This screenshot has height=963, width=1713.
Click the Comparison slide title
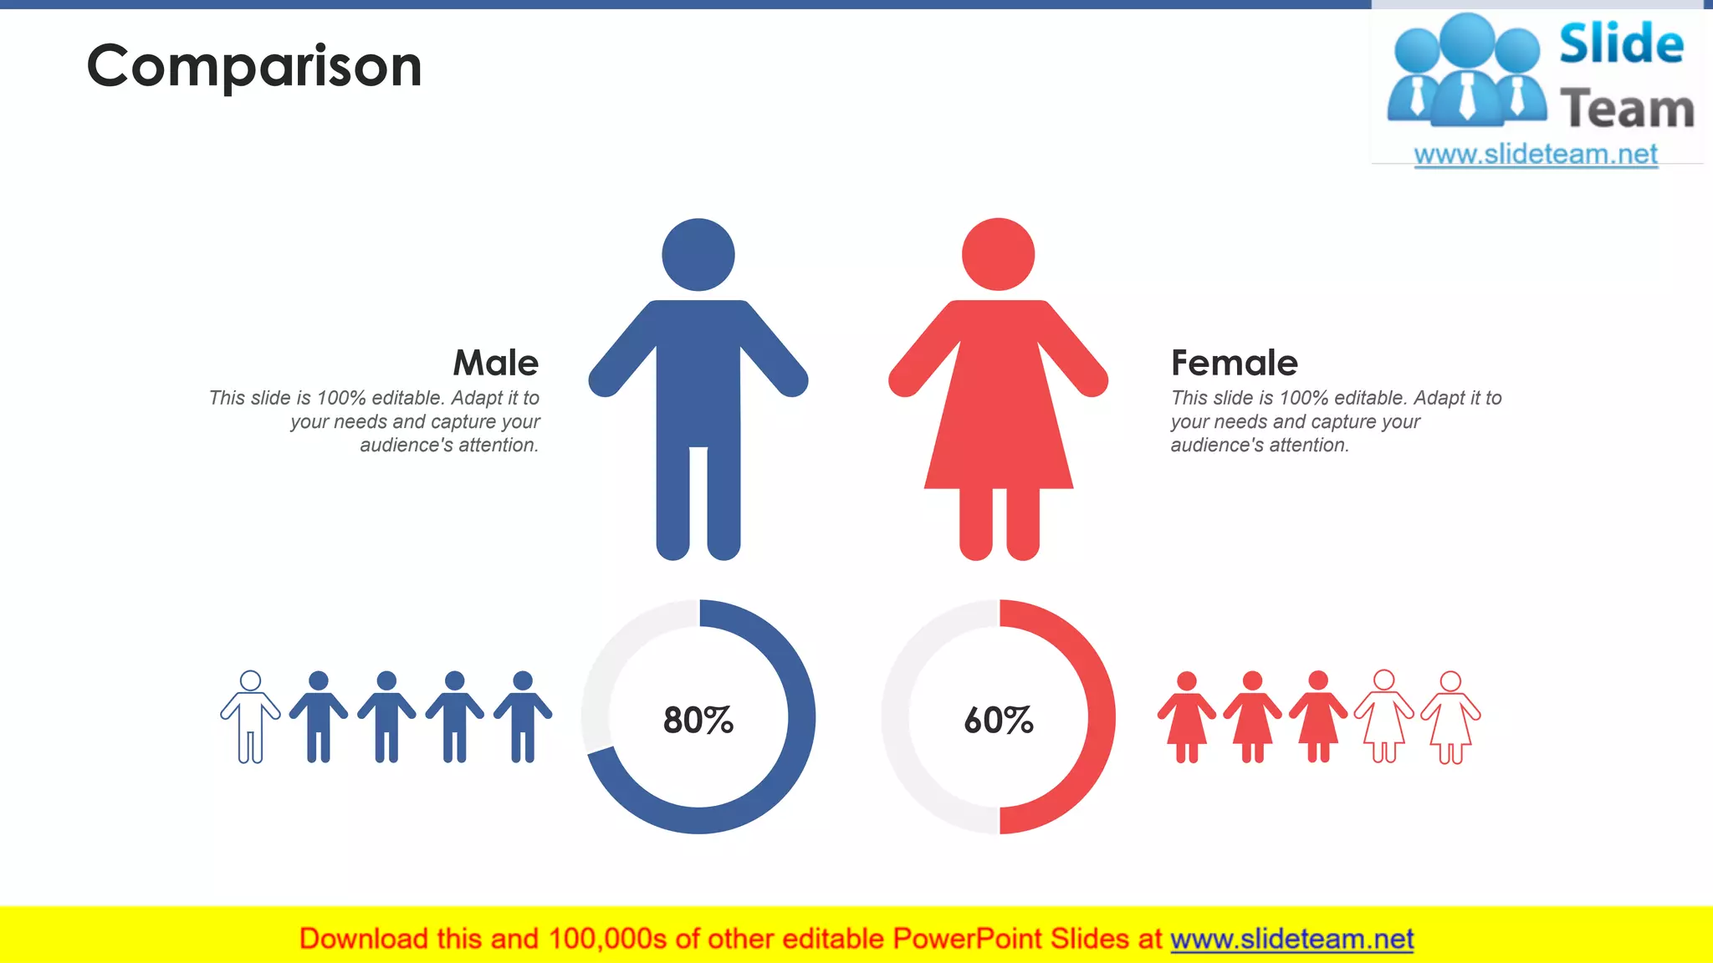point(254,66)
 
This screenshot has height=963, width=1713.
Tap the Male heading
point(495,363)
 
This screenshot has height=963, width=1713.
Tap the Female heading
point(1234,363)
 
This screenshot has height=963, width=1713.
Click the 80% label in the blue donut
point(698,720)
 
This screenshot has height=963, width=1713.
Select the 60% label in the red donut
point(999,720)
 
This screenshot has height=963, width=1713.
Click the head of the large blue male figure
point(698,255)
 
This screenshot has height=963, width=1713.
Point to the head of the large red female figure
point(998,254)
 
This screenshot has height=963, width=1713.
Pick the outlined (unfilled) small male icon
point(250,716)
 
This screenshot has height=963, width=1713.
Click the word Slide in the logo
point(1621,43)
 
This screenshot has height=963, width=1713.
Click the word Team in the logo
point(1627,110)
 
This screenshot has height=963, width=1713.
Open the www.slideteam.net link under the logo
point(1536,155)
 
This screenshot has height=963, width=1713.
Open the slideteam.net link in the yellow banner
point(1291,939)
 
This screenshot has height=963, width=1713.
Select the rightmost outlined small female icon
point(1450,716)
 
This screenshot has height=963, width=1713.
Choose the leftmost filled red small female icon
point(1186,716)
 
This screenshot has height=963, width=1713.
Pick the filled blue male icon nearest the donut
point(522,716)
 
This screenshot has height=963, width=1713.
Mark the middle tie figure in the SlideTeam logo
point(1467,75)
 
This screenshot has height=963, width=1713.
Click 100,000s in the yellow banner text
point(607,939)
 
